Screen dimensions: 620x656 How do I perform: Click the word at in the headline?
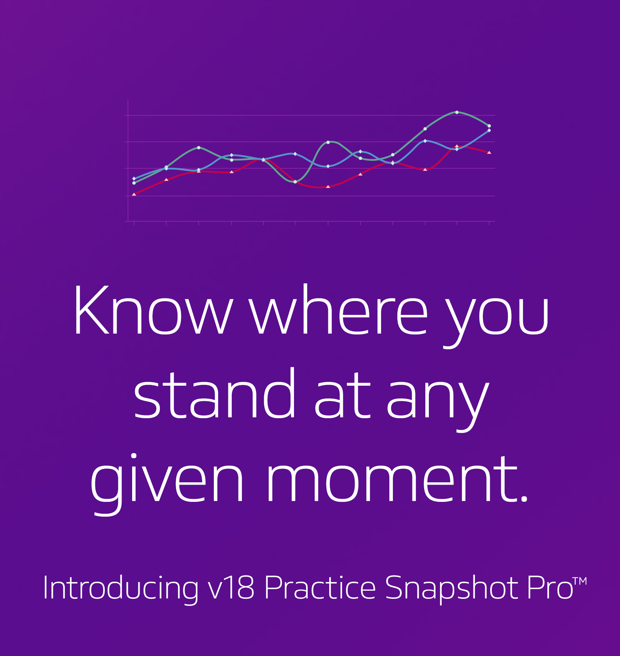[342, 396]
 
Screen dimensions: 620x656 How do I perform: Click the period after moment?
[524, 498]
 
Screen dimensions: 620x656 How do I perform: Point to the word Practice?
[320, 587]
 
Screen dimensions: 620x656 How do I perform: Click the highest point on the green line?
[457, 112]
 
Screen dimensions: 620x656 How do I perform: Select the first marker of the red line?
[134, 194]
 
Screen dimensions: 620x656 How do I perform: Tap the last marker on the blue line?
[489, 130]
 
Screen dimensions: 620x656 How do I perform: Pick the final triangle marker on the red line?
[489, 152]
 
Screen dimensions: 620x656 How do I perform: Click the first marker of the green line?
[134, 183]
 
